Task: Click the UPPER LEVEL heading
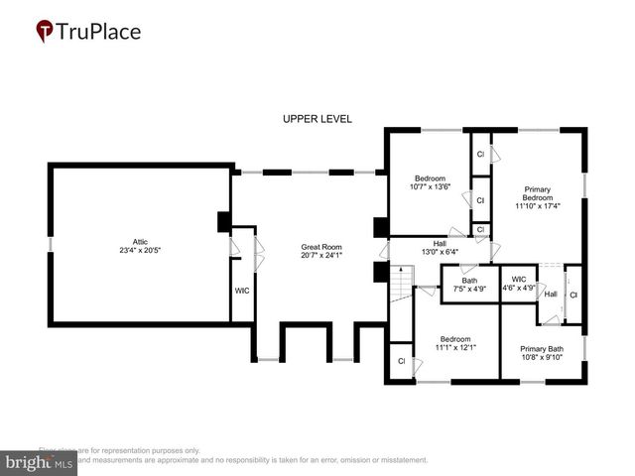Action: point(317,119)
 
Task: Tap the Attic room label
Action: point(140,241)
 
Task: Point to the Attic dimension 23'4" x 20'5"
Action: point(140,250)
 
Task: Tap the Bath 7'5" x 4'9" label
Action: point(469,280)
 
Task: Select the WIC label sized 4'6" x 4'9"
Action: point(519,280)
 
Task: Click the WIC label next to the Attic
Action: point(242,291)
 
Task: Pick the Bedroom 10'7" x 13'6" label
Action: point(430,177)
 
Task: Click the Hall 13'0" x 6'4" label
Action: point(440,243)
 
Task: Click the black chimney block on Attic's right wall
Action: point(224,222)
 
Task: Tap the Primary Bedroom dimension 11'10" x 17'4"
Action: point(537,206)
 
